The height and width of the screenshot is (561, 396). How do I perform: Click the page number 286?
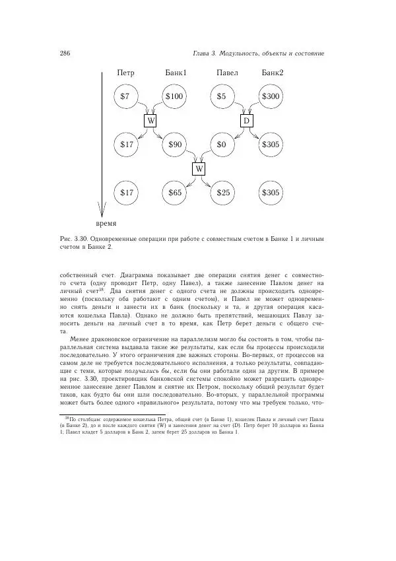tap(65, 53)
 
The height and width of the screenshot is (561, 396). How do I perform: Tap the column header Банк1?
tap(175, 73)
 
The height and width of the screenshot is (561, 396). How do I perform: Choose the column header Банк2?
tap(272, 73)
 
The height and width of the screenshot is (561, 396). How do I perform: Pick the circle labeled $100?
tap(174, 96)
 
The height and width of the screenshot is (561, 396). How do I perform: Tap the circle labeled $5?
tap(222, 96)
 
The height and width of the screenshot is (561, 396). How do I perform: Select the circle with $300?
tap(271, 96)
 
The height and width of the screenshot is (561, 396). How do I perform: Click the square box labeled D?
tap(246, 121)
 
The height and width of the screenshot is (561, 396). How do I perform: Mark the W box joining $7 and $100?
tap(150, 121)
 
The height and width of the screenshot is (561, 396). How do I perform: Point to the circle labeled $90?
tap(174, 144)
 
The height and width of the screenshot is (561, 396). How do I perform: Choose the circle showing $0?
tap(222, 144)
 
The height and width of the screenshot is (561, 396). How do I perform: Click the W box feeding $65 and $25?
tap(199, 168)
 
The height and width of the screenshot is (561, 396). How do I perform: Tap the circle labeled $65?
tap(174, 193)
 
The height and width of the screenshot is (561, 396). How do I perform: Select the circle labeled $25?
tap(222, 193)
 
